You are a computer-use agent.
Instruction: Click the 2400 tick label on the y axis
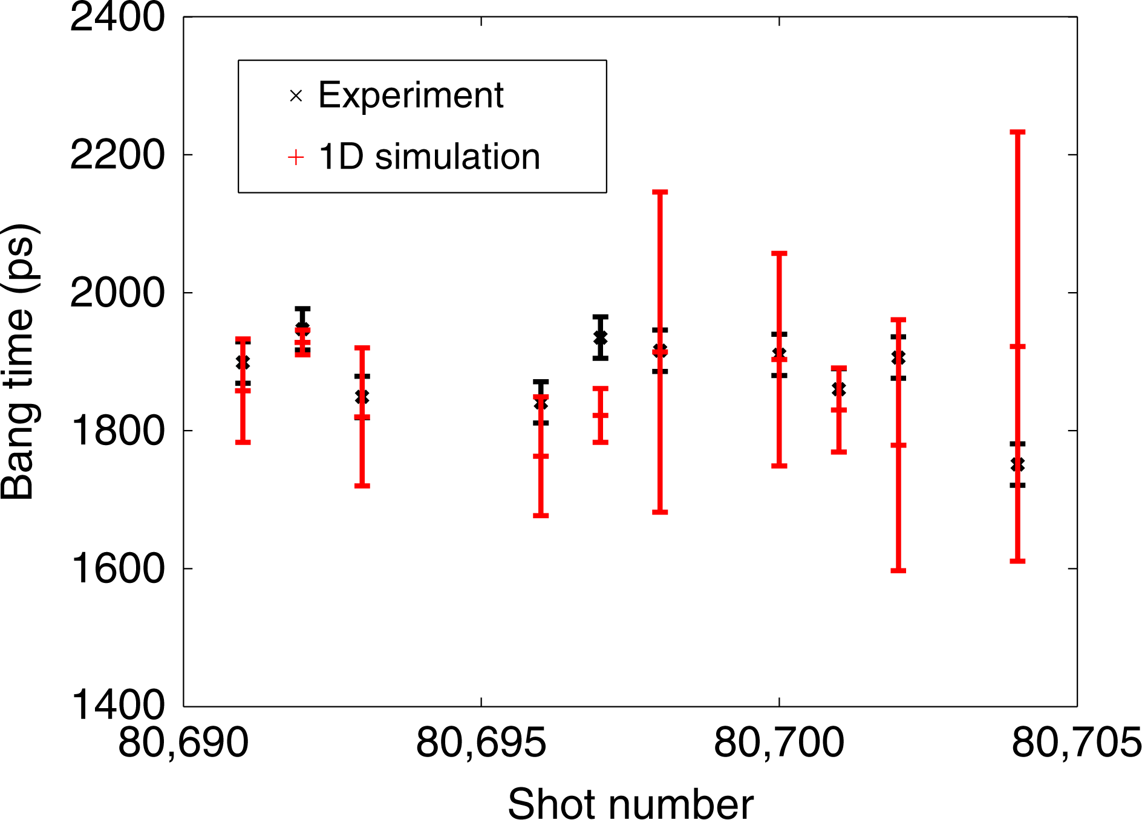pos(117,17)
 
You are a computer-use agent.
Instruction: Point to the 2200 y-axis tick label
pos(117,155)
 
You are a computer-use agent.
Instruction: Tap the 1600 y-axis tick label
pos(117,568)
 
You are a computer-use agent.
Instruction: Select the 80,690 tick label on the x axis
pos(183,743)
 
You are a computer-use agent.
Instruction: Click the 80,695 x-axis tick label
pos(481,743)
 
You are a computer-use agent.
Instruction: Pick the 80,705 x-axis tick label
pos(1076,743)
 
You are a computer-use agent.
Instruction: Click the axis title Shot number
pos(630,803)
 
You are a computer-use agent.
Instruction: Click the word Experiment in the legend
pos(411,96)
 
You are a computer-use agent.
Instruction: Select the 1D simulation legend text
pos(429,157)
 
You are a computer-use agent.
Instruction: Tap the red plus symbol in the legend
pos(296,158)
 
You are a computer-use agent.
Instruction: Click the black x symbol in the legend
pos(296,96)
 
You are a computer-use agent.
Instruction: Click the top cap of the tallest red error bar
pos(1018,132)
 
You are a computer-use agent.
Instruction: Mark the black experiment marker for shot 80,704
pos(1018,464)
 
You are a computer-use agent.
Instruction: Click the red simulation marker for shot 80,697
pos(601,415)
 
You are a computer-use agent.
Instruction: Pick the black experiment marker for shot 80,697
pos(601,337)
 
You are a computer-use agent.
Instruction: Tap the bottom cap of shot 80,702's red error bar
pos(899,570)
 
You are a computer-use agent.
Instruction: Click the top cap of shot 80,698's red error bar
pos(660,192)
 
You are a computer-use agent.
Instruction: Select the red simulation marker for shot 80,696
pos(541,456)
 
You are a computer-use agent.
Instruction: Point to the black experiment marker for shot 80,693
pos(362,397)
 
